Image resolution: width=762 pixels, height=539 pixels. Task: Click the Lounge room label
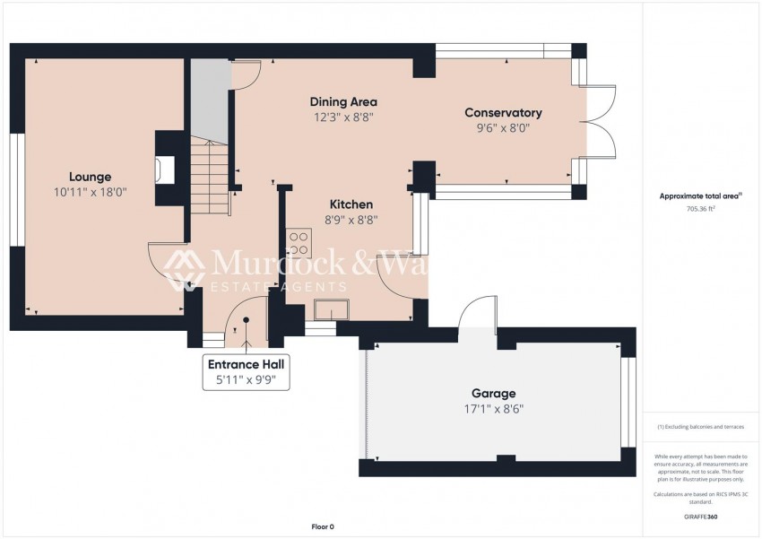(90, 177)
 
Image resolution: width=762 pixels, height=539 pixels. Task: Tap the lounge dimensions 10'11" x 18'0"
(90, 192)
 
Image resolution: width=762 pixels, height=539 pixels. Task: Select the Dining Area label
(343, 101)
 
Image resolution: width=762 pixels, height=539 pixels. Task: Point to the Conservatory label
(503, 112)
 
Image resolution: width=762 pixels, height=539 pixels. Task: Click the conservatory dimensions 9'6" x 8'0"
(503, 127)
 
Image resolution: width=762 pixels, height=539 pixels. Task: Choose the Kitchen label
(351, 204)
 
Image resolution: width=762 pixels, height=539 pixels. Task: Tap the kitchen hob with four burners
(299, 243)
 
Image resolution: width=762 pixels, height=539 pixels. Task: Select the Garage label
(493, 394)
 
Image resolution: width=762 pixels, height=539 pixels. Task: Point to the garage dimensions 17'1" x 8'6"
(493, 409)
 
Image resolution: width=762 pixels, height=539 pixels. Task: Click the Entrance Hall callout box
(247, 372)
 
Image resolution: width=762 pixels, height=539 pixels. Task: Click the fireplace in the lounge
(160, 170)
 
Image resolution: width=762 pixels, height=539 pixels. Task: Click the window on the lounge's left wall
(14, 188)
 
